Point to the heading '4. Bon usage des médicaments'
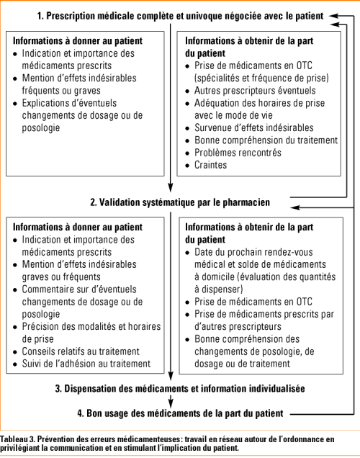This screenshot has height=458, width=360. [180, 413]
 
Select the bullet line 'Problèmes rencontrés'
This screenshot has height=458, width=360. [238, 153]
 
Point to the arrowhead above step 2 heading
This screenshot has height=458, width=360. [170, 192]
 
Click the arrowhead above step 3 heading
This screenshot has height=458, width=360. [170, 379]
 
